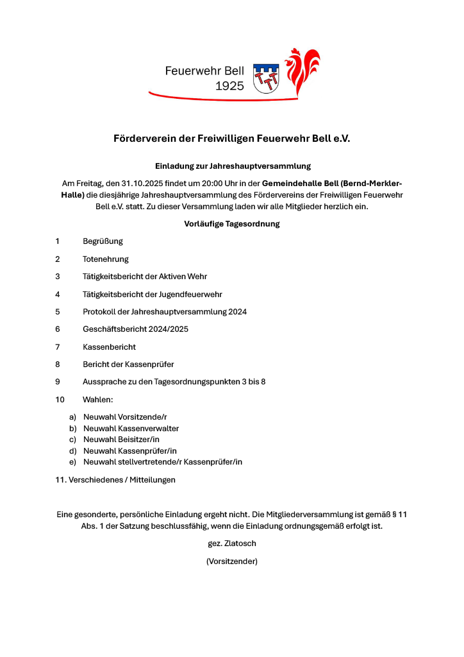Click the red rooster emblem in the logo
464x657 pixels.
302,71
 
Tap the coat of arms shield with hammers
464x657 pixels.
266,78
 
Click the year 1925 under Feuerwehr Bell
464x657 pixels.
229,86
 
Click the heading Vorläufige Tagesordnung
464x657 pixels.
231,224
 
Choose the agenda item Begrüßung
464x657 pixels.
103,241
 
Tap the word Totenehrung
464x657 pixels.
106,259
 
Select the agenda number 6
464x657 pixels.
58,329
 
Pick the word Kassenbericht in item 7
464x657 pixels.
109,346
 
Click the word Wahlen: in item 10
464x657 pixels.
97,399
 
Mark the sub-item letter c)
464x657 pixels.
73,439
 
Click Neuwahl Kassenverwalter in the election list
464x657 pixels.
131,428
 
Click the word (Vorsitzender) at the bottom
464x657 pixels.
231,561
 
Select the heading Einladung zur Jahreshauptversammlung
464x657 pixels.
233,166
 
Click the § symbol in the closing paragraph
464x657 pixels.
392,514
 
